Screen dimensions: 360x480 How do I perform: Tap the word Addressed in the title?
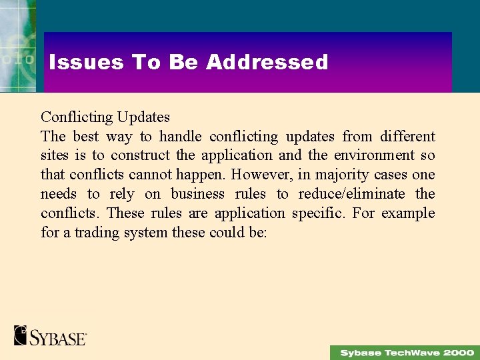click(267, 62)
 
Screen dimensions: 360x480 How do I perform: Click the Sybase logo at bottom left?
click(51, 335)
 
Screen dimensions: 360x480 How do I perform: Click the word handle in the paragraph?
click(180, 137)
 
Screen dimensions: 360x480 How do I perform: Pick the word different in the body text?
click(407, 137)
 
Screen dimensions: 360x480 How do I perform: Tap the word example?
click(408, 214)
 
